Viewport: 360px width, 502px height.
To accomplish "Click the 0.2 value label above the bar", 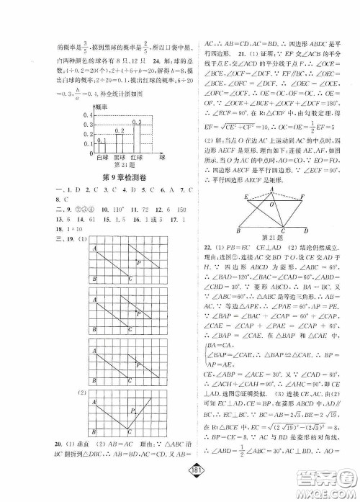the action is (121, 130).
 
